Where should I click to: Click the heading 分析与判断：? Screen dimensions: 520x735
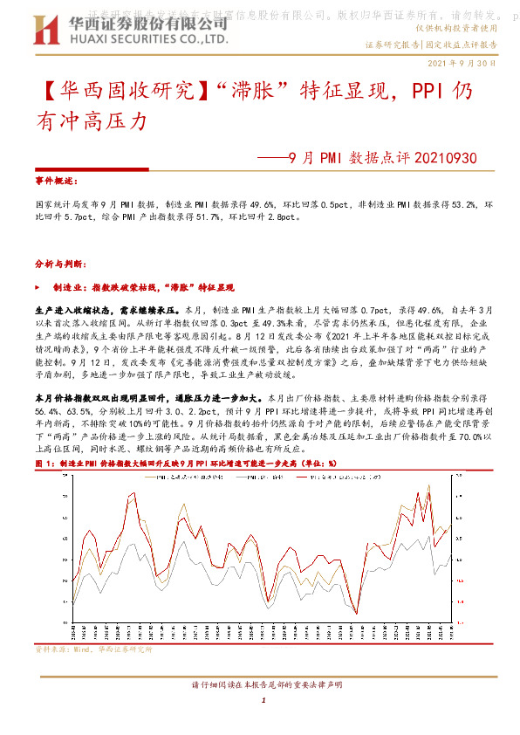point(58,262)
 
